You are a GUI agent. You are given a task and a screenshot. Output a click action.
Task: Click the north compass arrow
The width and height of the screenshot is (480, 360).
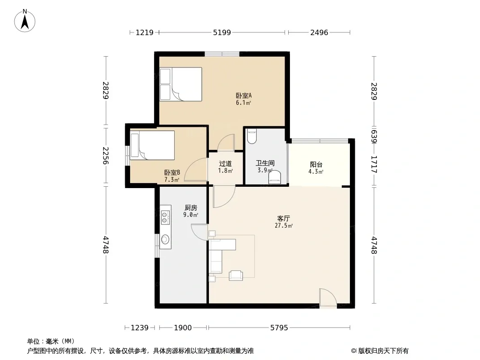click(25, 22)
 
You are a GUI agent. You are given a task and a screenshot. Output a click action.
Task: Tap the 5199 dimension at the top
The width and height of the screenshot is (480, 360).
click(222, 32)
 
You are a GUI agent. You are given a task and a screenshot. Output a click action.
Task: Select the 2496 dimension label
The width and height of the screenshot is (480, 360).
click(319, 32)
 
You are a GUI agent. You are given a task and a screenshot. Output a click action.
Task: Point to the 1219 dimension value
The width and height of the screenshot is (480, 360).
click(145, 32)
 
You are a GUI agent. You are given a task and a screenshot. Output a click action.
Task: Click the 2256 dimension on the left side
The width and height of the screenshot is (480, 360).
click(106, 155)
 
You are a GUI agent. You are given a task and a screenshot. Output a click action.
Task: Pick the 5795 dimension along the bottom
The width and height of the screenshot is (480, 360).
click(279, 328)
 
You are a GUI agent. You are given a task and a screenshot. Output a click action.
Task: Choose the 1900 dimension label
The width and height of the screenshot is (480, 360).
click(183, 328)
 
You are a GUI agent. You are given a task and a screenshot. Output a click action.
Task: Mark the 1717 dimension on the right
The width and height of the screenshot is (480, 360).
click(374, 165)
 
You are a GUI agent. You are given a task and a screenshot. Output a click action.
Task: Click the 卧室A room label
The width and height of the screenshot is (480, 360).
click(244, 96)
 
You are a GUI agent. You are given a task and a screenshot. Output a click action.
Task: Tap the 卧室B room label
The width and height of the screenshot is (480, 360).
click(172, 173)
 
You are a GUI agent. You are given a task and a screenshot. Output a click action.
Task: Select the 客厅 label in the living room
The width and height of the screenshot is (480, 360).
click(284, 219)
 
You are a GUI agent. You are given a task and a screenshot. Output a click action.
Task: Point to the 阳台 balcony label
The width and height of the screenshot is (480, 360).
click(316, 165)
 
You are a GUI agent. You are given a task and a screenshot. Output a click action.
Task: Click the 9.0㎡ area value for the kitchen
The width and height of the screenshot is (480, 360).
click(191, 215)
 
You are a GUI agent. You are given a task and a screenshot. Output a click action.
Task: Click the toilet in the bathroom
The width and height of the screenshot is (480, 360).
click(252, 137)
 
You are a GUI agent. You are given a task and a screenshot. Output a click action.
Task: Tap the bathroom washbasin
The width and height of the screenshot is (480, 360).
click(275, 177)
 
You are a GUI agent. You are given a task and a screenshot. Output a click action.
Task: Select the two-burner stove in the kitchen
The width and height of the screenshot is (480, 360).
click(165, 217)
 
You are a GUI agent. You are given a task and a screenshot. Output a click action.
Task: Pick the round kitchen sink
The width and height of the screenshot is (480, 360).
click(165, 239)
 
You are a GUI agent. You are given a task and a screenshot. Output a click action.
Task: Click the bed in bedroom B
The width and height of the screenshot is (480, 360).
click(152, 145)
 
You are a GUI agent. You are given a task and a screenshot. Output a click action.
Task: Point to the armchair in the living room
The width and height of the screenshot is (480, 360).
click(235, 275)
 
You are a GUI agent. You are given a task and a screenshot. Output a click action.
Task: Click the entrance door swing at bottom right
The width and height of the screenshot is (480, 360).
click(328, 298)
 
